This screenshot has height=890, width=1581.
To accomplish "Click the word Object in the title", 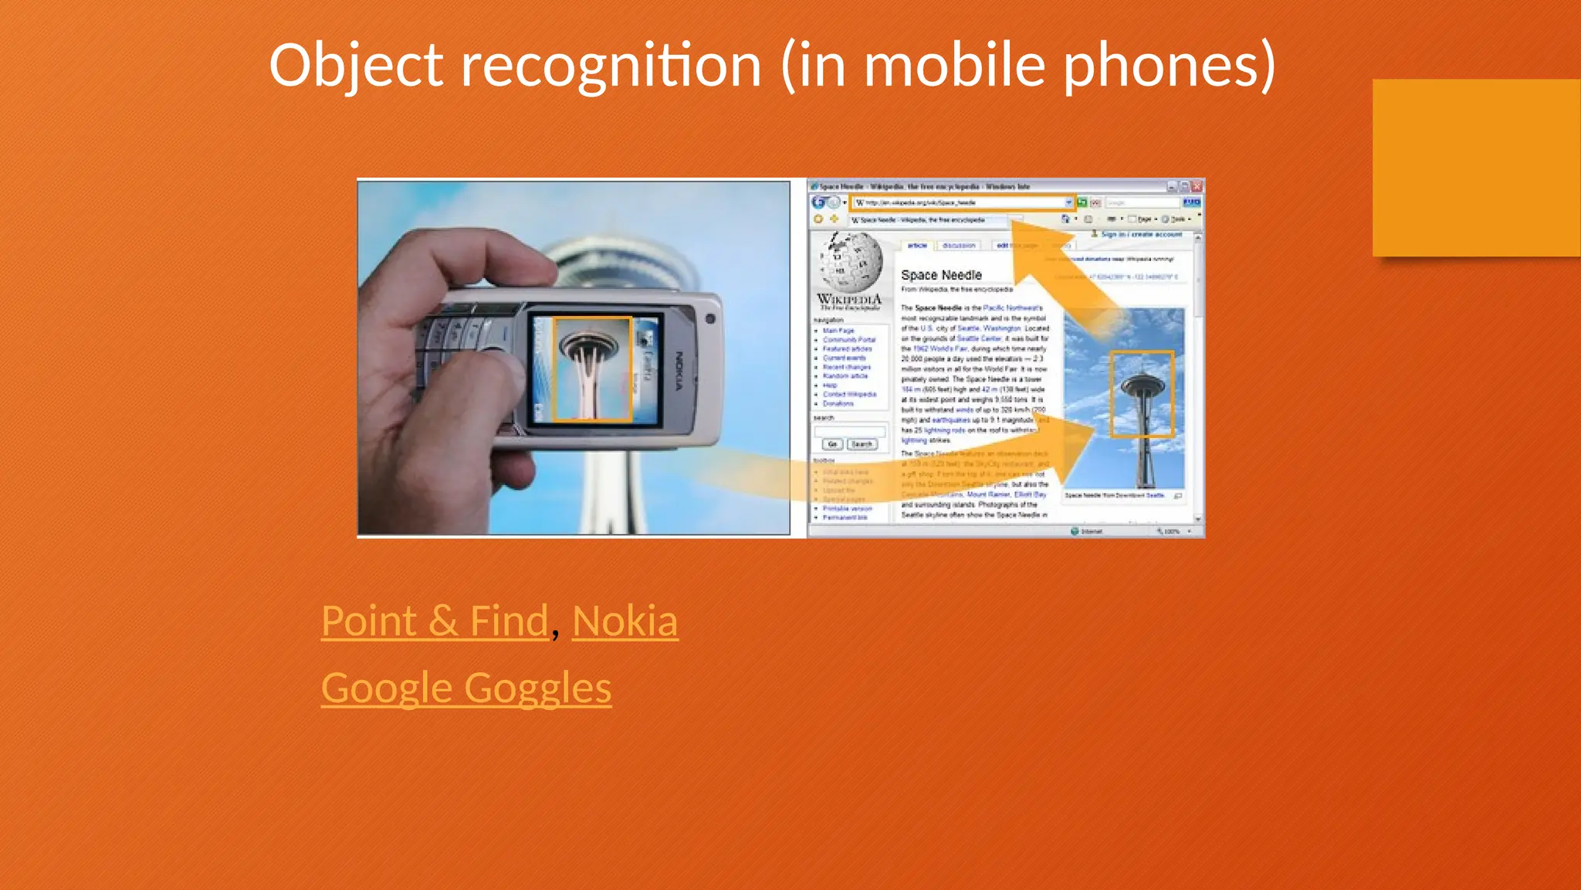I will point(356,66).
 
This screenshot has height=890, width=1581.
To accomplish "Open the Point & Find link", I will point(435,621).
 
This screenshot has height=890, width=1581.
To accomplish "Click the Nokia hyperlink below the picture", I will point(625,621).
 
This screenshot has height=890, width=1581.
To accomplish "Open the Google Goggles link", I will point(466,688).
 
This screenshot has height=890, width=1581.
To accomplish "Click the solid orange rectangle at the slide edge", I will point(1476,168).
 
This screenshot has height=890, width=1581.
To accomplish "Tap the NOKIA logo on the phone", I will point(679,370).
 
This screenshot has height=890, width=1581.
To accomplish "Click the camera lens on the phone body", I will point(710,319).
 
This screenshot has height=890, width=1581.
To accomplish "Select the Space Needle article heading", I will point(941,275).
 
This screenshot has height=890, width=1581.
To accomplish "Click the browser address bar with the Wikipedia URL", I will point(960,202).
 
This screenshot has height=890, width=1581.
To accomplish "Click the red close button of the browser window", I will point(1197,186).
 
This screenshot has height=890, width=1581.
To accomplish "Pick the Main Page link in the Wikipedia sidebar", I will point(838,331).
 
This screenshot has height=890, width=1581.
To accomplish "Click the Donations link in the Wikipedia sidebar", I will point(838,403).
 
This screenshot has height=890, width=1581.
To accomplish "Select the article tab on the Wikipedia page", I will point(917,246).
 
